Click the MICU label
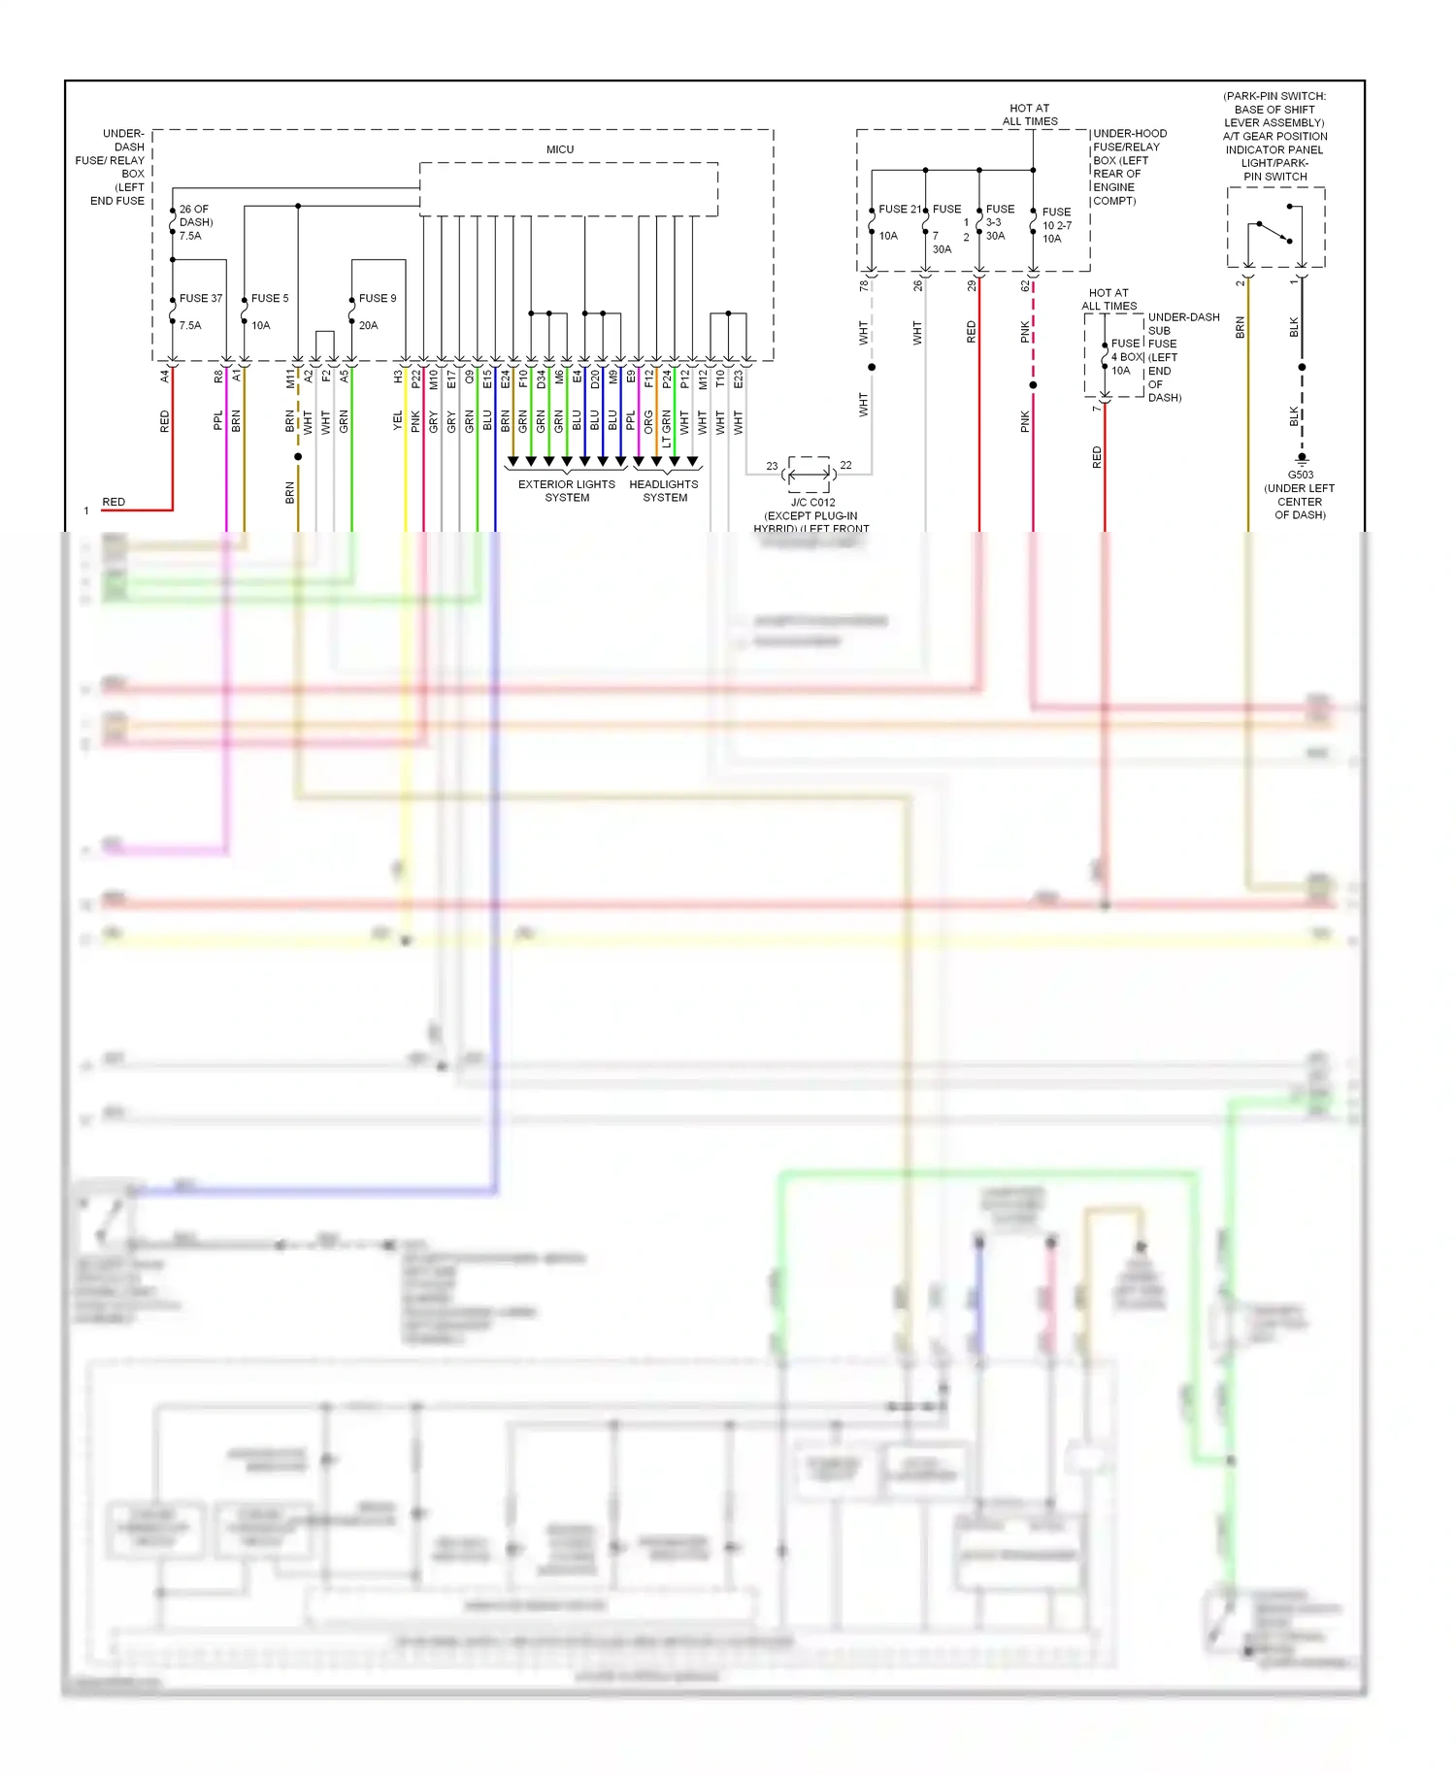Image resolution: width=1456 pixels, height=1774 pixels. tap(559, 149)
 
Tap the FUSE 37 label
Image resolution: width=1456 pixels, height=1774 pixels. tap(200, 298)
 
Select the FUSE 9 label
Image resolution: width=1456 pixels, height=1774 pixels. tap(377, 298)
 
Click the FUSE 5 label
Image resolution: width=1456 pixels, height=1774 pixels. tap(269, 298)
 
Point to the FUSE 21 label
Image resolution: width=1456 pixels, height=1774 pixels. tap(900, 209)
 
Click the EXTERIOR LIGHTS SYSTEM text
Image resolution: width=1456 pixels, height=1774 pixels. tap(566, 490)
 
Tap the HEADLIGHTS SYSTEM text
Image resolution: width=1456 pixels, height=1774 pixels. tap(664, 490)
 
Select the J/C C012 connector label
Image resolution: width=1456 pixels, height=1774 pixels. tap(812, 502)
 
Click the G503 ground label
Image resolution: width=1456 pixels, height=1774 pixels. tap(1300, 475)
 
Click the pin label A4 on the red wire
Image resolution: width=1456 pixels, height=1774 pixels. tap(165, 376)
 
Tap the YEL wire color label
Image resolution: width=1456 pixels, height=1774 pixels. tap(397, 420)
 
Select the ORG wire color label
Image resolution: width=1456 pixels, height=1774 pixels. tap(648, 421)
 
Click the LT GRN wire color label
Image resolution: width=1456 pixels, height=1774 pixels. tap(666, 427)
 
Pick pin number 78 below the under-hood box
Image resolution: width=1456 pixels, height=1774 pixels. tap(863, 285)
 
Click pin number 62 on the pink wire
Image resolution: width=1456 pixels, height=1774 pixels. tap(1025, 285)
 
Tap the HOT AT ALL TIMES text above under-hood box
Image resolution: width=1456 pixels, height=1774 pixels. tap(1029, 115)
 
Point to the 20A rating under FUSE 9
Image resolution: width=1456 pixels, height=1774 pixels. tap(368, 325)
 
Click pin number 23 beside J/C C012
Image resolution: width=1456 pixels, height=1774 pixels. tap(772, 466)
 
